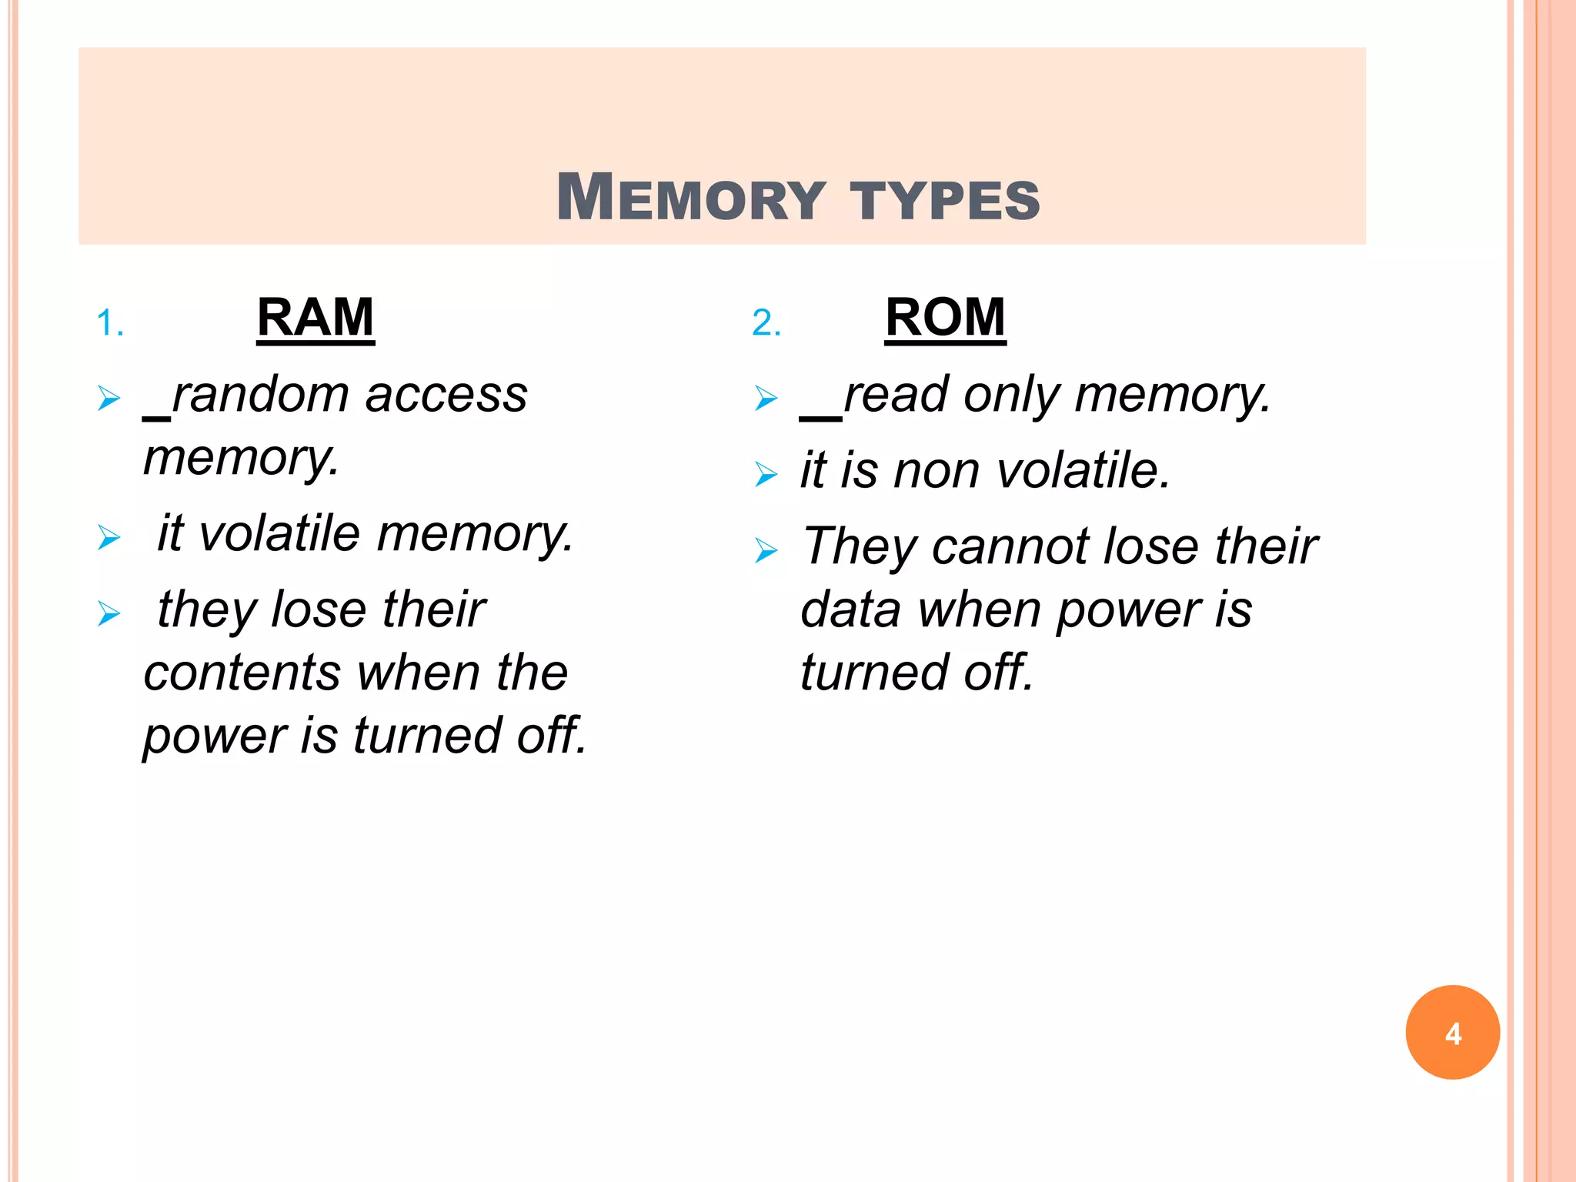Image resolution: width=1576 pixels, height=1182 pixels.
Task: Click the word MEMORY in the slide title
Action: click(x=690, y=198)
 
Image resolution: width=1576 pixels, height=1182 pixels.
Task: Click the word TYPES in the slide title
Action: click(x=944, y=199)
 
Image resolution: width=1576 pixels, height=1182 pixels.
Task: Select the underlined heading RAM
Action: click(x=316, y=317)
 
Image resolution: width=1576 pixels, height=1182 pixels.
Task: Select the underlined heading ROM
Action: click(x=945, y=317)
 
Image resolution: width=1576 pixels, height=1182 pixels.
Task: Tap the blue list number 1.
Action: click(x=109, y=323)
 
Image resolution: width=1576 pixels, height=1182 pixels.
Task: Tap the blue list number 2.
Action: click(x=766, y=323)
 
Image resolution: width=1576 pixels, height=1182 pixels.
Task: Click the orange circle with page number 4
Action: click(x=1452, y=1032)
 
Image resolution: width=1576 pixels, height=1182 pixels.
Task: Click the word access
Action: click(x=446, y=395)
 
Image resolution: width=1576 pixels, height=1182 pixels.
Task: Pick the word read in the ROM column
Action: click(x=896, y=395)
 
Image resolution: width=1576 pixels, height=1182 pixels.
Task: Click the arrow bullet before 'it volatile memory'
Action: click(x=109, y=537)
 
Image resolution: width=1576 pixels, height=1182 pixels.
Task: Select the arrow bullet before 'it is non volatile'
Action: click(x=766, y=474)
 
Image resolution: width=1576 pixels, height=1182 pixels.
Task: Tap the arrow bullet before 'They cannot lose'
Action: click(x=766, y=550)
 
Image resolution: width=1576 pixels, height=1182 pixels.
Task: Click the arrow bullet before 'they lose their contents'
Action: click(x=109, y=613)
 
